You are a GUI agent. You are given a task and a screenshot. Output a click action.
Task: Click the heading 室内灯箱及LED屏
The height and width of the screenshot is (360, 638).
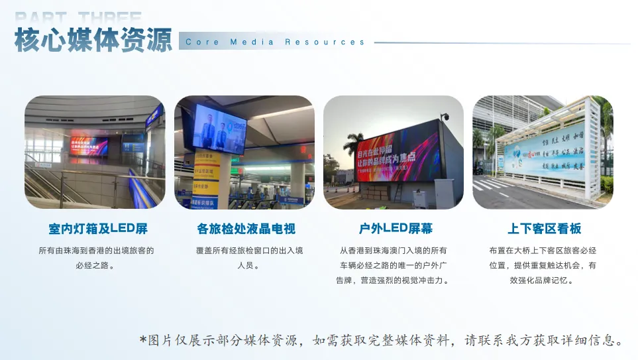tap(98, 229)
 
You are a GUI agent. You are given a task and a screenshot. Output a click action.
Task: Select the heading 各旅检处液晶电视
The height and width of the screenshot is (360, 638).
tap(246, 229)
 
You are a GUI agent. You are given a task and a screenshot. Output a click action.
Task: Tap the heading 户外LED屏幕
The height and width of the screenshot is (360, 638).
tap(396, 229)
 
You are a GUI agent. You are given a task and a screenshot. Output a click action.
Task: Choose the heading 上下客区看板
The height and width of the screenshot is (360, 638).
tap(544, 229)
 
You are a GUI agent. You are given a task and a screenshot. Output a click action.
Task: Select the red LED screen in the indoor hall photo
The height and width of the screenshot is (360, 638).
tap(88, 146)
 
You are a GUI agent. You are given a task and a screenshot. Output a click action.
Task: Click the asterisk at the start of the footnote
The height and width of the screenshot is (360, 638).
tap(142, 340)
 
